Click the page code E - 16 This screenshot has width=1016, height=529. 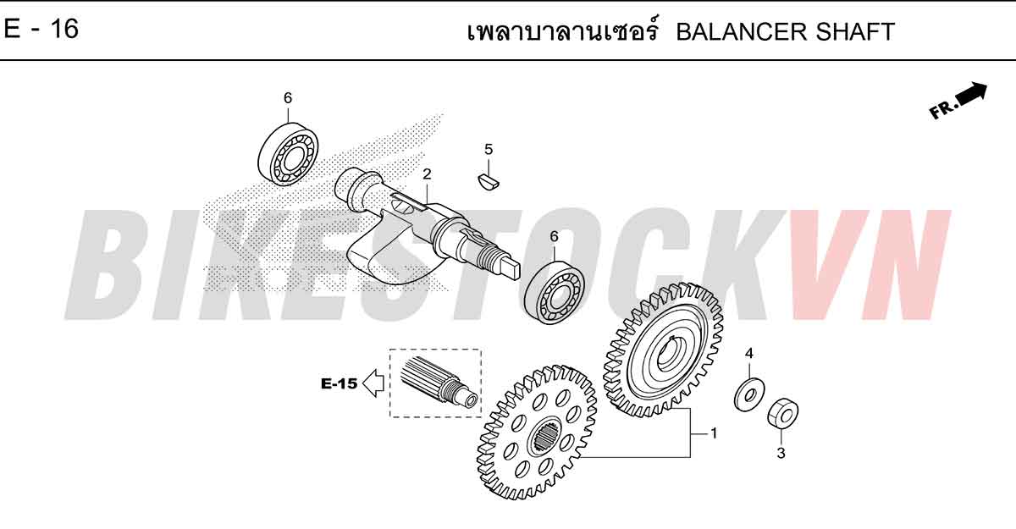click(41, 29)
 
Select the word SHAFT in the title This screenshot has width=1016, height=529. click(855, 31)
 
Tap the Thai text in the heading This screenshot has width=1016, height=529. click(563, 30)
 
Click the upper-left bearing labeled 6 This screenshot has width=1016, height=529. click(288, 154)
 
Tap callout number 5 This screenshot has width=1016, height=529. click(489, 149)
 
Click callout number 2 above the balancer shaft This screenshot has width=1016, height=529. click(427, 174)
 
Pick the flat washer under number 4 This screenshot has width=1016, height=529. click(749, 394)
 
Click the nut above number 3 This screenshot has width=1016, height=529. click(783, 413)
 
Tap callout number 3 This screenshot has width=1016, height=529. click(781, 453)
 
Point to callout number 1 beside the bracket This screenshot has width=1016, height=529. click(714, 433)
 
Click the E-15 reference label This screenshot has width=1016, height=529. click(340, 384)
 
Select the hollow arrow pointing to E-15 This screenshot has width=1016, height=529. click(374, 383)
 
